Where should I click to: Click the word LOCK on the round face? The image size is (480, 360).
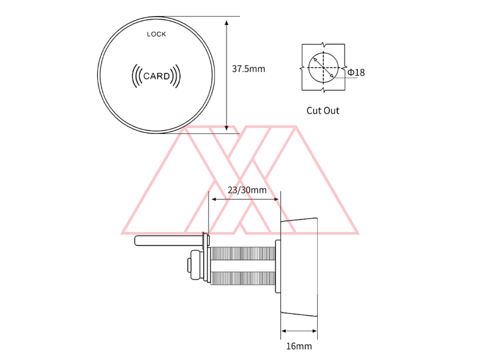[156, 34]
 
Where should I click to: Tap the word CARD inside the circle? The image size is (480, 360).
[156, 76]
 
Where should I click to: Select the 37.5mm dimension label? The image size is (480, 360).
[248, 69]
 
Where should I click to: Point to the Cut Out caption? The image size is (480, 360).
[323, 110]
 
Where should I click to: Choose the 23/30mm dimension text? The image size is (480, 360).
[247, 190]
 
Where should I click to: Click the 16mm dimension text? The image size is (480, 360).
[299, 346]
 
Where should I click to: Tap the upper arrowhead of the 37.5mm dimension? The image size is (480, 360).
[227, 22]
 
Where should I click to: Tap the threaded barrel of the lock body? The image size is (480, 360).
[243, 265]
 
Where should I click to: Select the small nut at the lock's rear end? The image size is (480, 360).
[190, 265]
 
